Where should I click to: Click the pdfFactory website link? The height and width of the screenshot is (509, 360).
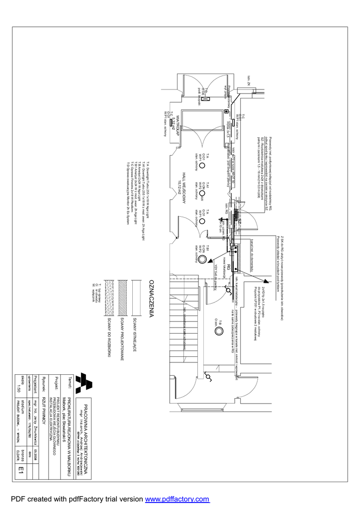click(177, 499)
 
